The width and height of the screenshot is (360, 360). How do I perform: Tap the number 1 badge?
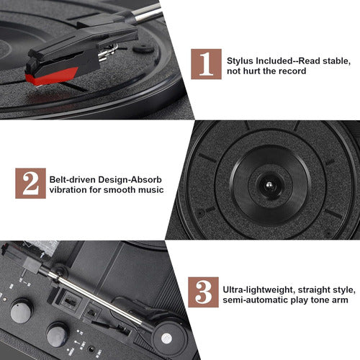tap(206, 63)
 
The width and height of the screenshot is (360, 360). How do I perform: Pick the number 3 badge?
tap(204, 291)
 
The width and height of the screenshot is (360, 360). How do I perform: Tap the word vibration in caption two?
tap(70, 189)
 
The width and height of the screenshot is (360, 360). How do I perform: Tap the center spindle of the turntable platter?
tap(268, 186)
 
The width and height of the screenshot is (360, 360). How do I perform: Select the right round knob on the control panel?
tap(58, 333)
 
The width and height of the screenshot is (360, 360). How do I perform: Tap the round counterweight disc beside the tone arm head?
tap(167, 338)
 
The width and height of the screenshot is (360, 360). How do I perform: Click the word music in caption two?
tap(148, 189)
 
